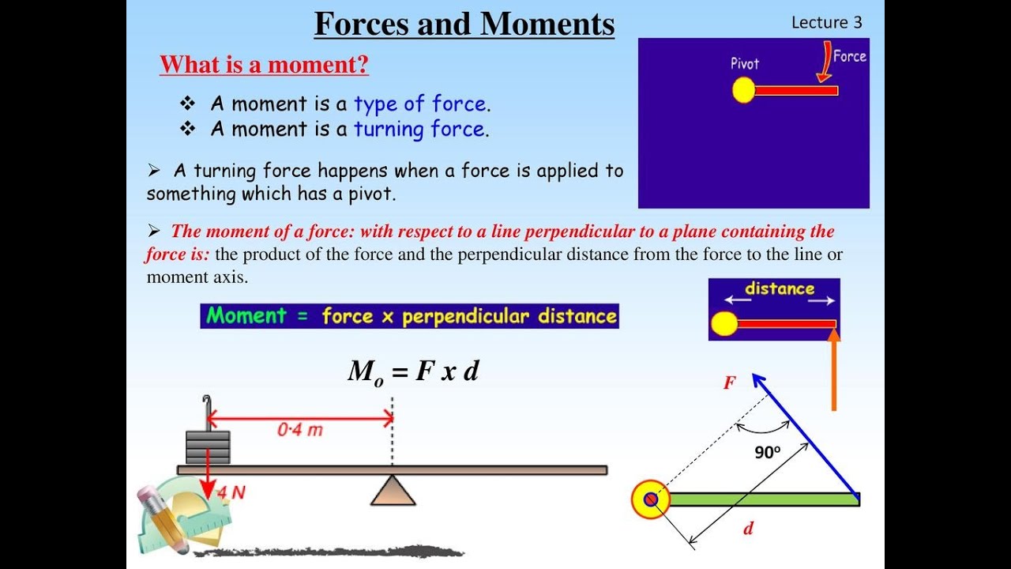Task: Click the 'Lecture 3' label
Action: click(x=826, y=22)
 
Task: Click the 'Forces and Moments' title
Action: click(x=464, y=24)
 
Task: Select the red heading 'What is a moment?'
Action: click(x=264, y=64)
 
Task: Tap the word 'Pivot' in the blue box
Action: click(x=744, y=63)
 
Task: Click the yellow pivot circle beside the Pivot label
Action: click(x=743, y=91)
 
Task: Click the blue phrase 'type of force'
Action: click(x=419, y=104)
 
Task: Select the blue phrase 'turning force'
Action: click(x=419, y=130)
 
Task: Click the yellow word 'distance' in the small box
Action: click(x=779, y=288)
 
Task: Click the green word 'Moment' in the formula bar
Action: click(x=246, y=316)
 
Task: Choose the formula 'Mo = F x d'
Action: click(x=413, y=371)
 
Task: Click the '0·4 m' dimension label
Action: click(x=299, y=431)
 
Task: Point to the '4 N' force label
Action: click(x=231, y=492)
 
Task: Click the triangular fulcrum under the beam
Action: click(x=393, y=491)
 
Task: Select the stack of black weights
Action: click(x=208, y=447)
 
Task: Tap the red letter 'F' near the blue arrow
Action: click(x=730, y=383)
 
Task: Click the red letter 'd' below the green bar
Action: click(x=748, y=529)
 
